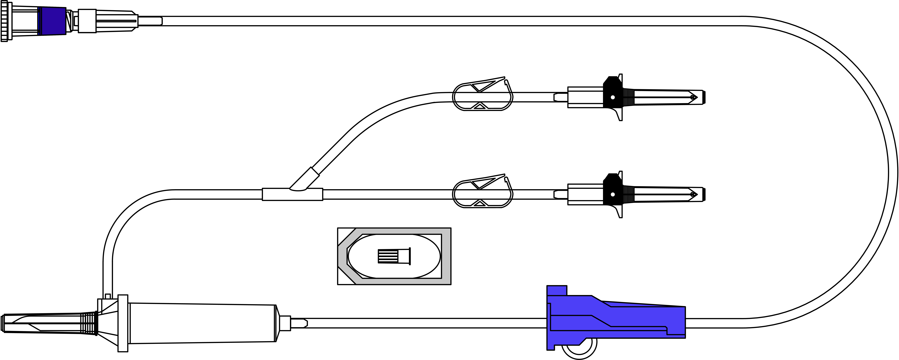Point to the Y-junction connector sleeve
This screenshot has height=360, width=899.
pyautogui.click(x=292, y=194)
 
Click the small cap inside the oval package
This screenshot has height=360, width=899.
pyautogui.click(x=394, y=256)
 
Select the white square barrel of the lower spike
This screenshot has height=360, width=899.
pyautogui.click(x=585, y=194)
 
